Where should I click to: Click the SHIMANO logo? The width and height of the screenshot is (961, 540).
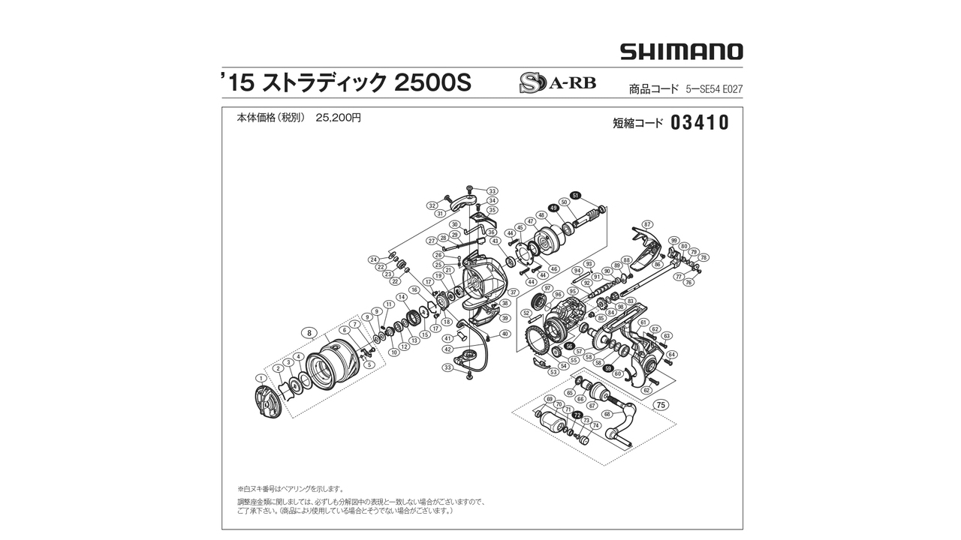click(681, 52)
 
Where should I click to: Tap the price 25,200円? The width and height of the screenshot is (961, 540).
click(339, 118)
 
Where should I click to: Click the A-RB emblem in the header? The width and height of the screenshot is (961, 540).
click(557, 82)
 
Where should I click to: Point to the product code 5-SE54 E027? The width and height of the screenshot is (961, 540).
click(714, 89)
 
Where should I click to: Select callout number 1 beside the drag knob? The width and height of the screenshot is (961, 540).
click(261, 378)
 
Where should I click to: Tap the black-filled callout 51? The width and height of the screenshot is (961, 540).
click(576, 195)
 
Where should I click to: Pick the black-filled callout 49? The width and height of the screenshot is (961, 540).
click(553, 208)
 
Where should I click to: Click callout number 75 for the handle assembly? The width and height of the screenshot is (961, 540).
click(660, 404)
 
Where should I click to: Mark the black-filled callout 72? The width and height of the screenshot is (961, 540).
click(577, 415)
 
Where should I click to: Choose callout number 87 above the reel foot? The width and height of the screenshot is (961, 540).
click(647, 224)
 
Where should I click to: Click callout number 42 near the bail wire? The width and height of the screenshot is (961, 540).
click(447, 349)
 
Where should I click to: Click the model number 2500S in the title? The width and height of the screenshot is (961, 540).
click(432, 83)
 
